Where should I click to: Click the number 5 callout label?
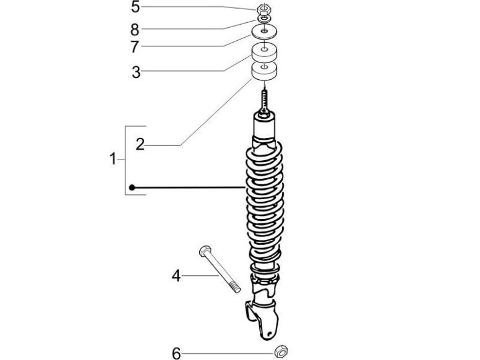point(135,8)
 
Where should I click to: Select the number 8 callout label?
point(135,29)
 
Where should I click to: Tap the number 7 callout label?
point(135,47)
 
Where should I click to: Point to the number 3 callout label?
point(136,72)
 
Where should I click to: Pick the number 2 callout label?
point(140,145)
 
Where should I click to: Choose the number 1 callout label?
point(113,160)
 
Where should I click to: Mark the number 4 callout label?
point(176,276)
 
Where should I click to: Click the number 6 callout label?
point(176,353)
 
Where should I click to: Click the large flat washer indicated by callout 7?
point(264,32)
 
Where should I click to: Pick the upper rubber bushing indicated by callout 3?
point(264,51)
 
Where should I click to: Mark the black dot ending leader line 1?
point(132,187)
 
